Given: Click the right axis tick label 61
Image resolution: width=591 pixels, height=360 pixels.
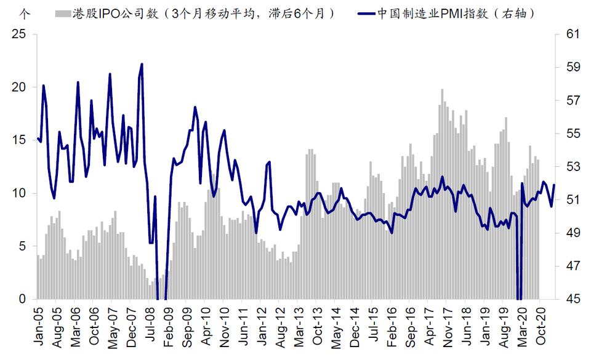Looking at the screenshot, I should click(x=573, y=34).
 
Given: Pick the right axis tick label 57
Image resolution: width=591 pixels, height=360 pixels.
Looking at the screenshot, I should click(x=573, y=101).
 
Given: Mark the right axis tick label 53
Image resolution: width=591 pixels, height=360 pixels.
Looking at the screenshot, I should click(x=573, y=167).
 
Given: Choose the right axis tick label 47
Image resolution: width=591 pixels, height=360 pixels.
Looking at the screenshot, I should click(x=573, y=266).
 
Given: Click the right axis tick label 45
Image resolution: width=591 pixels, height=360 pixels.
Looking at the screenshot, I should click(x=573, y=299).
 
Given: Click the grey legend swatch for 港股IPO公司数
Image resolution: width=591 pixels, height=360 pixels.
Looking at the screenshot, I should click(x=62, y=13).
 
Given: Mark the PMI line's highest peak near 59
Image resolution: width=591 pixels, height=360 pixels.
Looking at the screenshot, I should click(x=142, y=64).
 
